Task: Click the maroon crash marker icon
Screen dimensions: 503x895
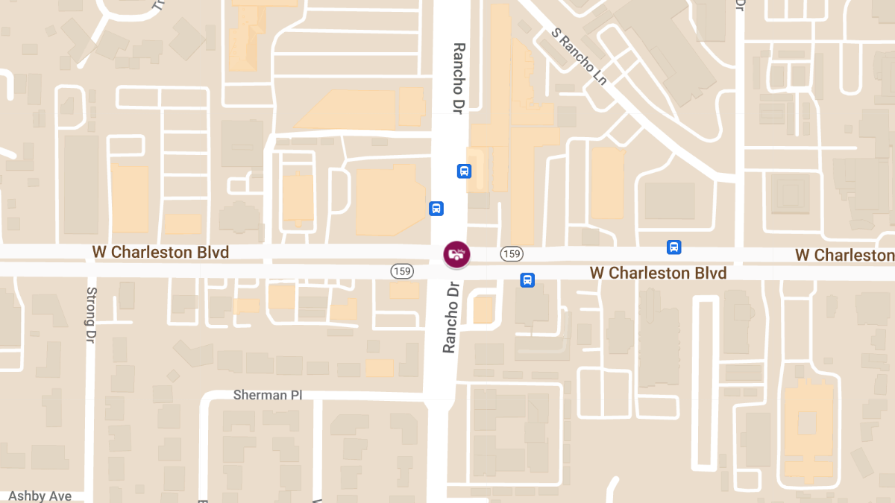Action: pyautogui.click(x=456, y=254)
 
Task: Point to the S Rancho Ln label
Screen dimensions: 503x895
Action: pyautogui.click(x=580, y=57)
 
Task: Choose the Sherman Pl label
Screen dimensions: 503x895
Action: pyautogui.click(x=267, y=394)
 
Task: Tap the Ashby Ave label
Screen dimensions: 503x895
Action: pyautogui.click(x=40, y=496)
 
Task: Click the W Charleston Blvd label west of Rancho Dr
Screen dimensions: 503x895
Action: pyautogui.click(x=160, y=253)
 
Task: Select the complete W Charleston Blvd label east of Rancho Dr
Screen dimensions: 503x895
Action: pyautogui.click(x=658, y=273)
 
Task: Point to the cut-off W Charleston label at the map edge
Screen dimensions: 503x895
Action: pyautogui.click(x=844, y=256)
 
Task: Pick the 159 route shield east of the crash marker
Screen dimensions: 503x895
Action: pyautogui.click(x=511, y=254)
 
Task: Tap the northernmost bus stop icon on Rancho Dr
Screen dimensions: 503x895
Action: pyautogui.click(x=464, y=171)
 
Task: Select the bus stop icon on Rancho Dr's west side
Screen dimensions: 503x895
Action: pyautogui.click(x=436, y=209)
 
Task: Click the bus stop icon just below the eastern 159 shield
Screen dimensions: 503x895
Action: pyautogui.click(x=527, y=280)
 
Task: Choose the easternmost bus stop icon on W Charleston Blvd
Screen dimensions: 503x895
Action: pyautogui.click(x=673, y=247)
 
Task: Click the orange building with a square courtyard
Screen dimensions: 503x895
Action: pyautogui.click(x=807, y=425)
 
